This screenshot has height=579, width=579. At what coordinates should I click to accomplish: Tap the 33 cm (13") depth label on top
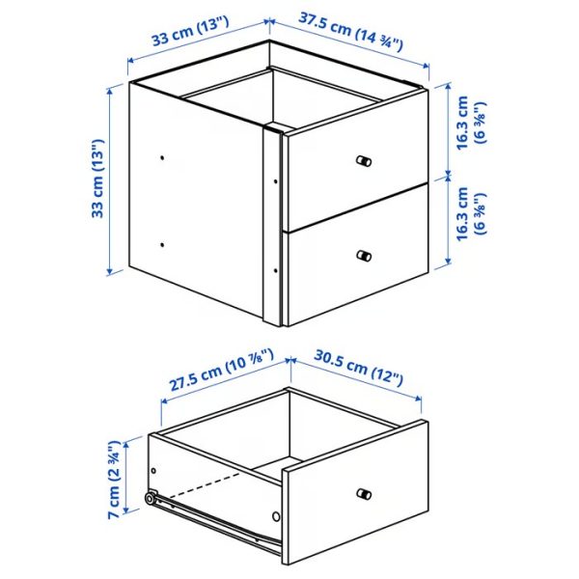pos(190,37)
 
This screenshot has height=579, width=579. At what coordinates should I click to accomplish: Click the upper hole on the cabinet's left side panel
pos(163,155)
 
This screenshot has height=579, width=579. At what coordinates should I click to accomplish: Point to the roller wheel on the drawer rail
pos(152,499)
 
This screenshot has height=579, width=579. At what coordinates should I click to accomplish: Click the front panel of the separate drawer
pos(355,497)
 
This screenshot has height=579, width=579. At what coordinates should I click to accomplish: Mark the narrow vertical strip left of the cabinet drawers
pos(272,227)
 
